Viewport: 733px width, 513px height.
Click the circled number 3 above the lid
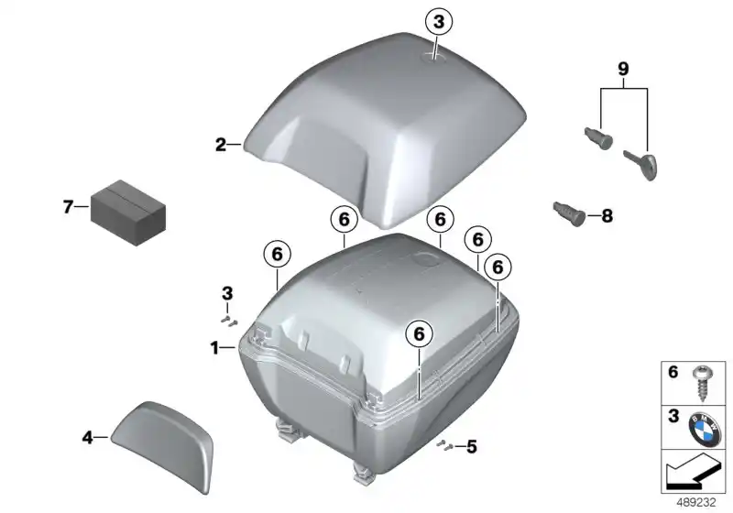pyautogui.click(x=439, y=21)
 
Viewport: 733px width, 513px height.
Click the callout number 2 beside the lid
pyautogui.click(x=221, y=144)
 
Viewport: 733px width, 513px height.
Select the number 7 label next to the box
pyautogui.click(x=68, y=207)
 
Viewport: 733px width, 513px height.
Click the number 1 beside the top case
pyautogui.click(x=213, y=348)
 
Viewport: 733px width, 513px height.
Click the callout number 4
pyautogui.click(x=88, y=439)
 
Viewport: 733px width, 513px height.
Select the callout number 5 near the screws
pyautogui.click(x=472, y=447)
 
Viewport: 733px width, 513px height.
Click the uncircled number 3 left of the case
pyautogui.click(x=227, y=292)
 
